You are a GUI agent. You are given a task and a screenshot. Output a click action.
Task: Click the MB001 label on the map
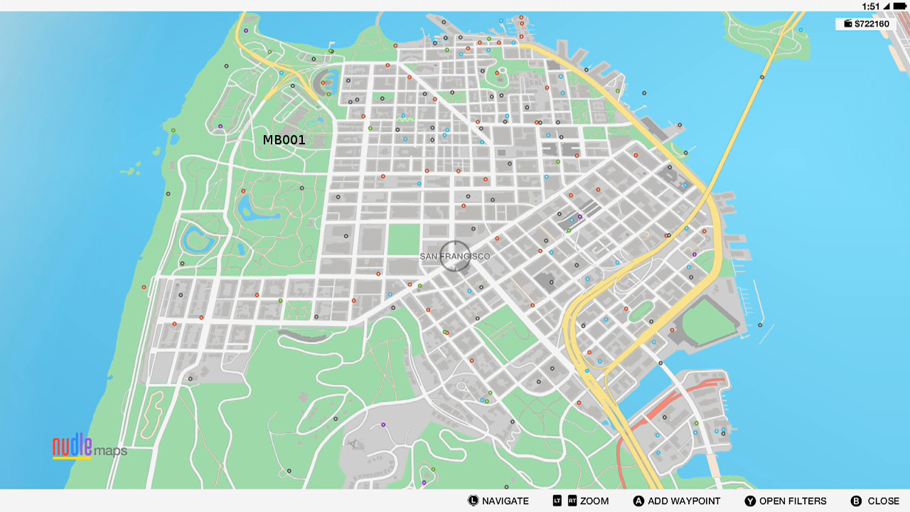coord(284,140)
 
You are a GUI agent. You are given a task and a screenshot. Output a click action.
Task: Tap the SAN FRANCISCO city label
coord(454,256)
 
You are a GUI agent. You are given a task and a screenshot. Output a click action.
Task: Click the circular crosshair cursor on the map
coord(454,256)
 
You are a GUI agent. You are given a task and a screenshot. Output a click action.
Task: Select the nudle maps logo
coord(89,447)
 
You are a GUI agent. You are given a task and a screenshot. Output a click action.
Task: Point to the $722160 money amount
coord(872,24)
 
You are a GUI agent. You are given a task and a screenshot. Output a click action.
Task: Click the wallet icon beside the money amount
coord(847,24)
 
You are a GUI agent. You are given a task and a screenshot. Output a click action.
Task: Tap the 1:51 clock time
coord(871,6)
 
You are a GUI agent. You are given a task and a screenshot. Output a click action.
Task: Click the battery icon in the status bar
coord(898,6)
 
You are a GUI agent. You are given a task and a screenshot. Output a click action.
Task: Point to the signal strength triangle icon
coord(887,6)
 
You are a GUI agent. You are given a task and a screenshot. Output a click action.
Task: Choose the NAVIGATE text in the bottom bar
coord(505,501)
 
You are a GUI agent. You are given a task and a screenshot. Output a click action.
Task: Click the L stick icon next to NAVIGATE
coord(473,501)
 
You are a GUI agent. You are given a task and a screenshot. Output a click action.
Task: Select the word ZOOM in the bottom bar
coord(594,501)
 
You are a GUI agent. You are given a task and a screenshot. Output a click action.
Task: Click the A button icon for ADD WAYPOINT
coord(638,501)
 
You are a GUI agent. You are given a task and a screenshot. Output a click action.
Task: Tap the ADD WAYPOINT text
coord(684,501)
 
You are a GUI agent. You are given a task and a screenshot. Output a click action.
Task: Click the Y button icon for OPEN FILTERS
coord(750,501)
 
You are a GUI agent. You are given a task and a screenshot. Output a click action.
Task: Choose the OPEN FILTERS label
coord(793,501)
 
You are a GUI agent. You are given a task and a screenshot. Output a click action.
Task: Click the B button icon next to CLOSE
coord(856,501)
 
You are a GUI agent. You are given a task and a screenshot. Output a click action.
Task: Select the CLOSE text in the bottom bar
coord(884,501)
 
